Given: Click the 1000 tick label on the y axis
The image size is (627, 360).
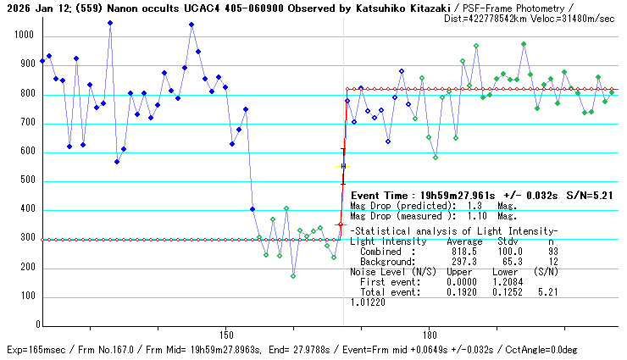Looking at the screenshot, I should pos(22,36).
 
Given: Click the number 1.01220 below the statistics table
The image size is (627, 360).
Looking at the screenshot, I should pos(367,302).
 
